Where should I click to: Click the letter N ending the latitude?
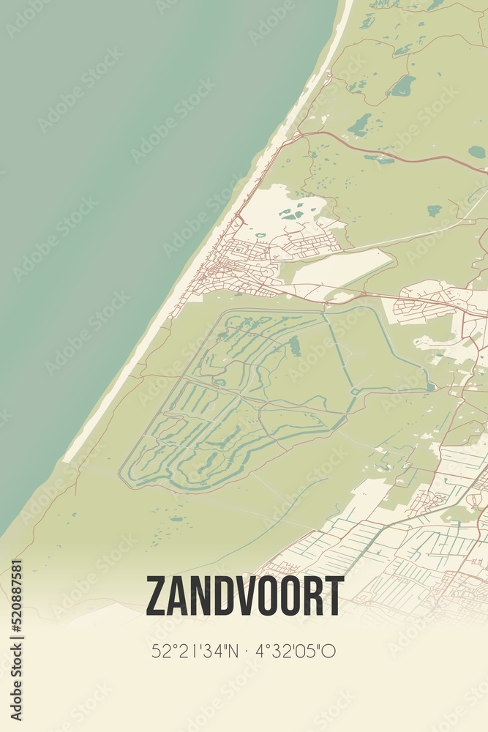point(230,651)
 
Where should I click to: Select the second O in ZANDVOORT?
point(290,596)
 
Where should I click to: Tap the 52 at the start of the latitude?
point(159,651)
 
